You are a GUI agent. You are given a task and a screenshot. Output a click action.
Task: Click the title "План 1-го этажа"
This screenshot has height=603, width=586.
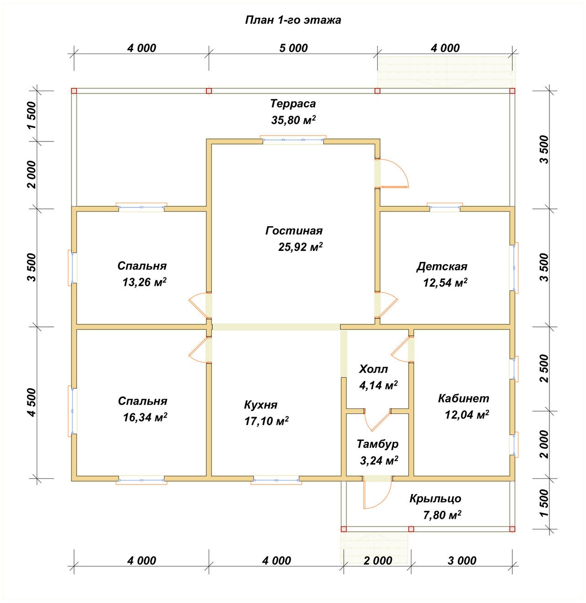(x=293, y=20)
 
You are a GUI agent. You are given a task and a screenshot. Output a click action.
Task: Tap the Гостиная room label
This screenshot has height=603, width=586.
(x=294, y=231)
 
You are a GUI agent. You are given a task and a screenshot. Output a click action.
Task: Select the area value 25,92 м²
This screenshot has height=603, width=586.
(x=300, y=247)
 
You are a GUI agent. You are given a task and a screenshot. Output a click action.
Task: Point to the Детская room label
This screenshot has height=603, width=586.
(x=442, y=266)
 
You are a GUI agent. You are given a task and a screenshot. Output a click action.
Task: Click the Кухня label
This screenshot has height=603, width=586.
(x=260, y=405)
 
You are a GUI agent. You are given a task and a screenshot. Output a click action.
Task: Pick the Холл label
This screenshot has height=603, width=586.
(x=373, y=369)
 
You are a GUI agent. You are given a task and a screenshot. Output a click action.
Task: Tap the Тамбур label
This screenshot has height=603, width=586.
(x=377, y=444)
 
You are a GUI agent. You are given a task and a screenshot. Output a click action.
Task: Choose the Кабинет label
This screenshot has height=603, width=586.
(x=463, y=398)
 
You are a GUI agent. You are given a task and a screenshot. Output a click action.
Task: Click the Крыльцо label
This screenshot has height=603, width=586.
(x=435, y=499)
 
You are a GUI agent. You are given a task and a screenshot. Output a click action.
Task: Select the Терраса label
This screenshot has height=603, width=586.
(x=293, y=103)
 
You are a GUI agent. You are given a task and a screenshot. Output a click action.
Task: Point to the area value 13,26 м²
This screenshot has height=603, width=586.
(x=144, y=282)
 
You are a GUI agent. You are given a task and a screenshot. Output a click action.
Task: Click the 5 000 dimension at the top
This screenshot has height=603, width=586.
(x=293, y=48)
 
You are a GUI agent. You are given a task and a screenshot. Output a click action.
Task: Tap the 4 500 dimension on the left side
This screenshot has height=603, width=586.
(x=32, y=402)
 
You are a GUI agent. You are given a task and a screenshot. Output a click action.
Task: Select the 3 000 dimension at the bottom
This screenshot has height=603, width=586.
(x=462, y=560)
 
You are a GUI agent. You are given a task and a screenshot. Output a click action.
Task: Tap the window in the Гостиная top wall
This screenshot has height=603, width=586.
(x=293, y=140)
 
